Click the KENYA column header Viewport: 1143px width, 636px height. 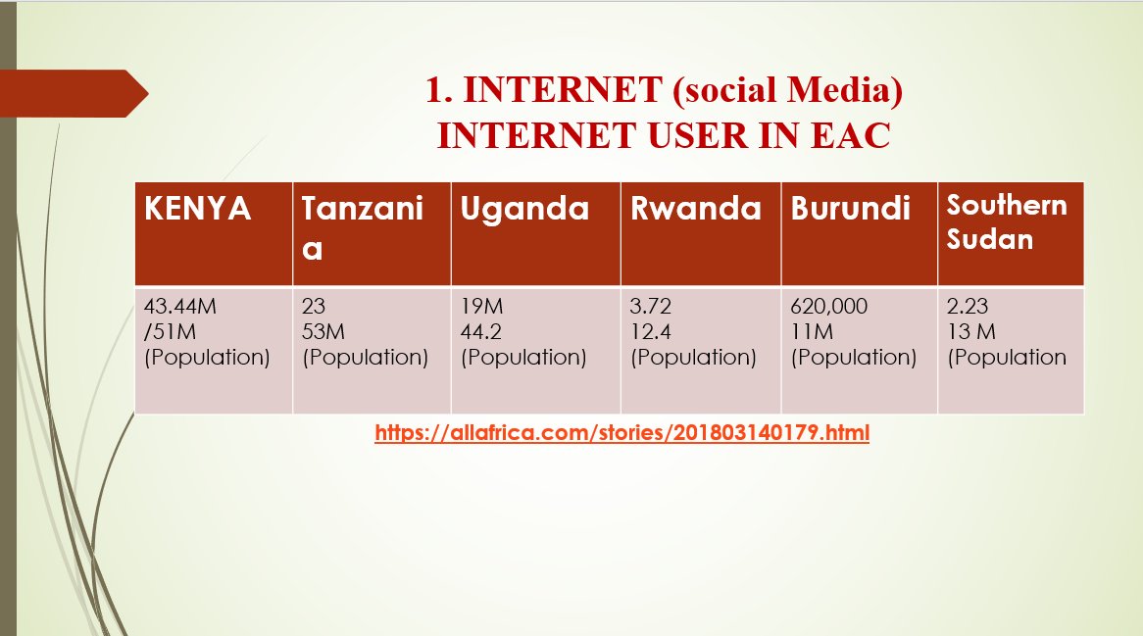coord(198,209)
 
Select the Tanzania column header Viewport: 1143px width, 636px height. coord(362,227)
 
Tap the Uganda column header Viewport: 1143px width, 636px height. coord(524,209)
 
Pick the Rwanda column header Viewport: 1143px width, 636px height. coord(695,209)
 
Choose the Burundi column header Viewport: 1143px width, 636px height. coord(850,209)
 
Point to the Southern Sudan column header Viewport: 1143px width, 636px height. coord(1007,221)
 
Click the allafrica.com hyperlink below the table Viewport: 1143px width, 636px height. coord(621,432)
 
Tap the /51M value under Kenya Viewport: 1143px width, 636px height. coord(171,332)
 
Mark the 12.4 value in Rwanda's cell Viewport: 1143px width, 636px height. coord(650,332)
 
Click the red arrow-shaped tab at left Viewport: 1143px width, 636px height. coord(75,93)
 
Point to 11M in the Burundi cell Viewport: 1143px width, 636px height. coord(811,332)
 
